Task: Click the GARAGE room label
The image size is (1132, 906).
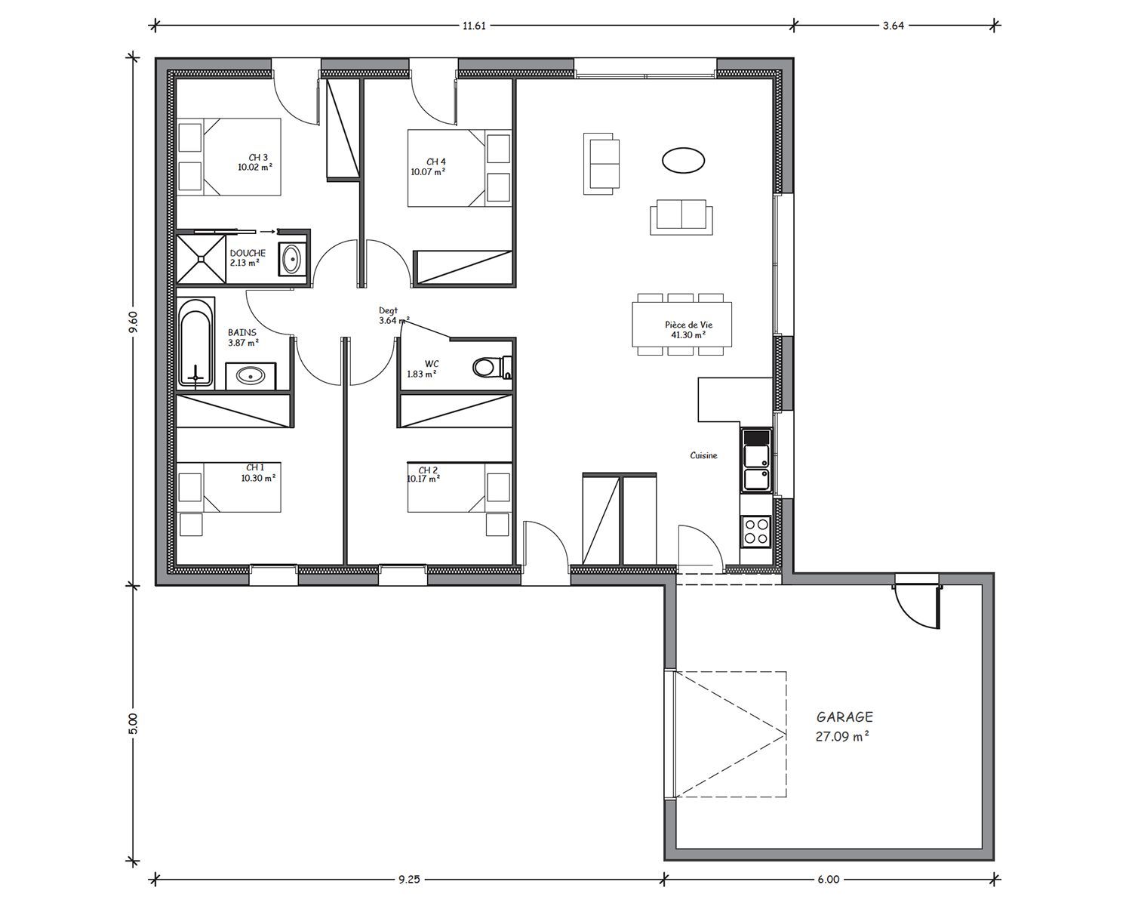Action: (844, 717)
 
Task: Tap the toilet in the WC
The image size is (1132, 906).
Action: (492, 367)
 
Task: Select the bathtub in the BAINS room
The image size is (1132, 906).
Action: (195, 343)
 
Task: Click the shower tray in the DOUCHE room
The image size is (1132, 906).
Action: (201, 258)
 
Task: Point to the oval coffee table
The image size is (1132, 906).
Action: (683, 159)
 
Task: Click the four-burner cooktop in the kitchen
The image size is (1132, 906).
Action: (756, 532)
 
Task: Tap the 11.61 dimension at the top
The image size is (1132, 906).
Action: (474, 25)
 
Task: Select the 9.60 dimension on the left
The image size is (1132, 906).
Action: (133, 321)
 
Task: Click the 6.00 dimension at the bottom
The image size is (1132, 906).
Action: (829, 879)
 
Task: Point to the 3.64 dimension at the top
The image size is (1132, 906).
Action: (894, 25)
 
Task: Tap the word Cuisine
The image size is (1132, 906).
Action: (704, 455)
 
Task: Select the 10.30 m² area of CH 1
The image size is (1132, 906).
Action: (258, 478)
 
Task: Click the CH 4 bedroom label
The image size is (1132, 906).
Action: (436, 162)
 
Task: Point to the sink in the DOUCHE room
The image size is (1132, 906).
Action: (291, 259)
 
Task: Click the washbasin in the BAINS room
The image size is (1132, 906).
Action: (251, 376)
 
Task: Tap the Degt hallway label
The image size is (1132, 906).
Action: (388, 310)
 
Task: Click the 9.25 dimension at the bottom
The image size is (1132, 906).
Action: (409, 879)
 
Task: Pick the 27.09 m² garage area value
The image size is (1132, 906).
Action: (842, 736)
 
